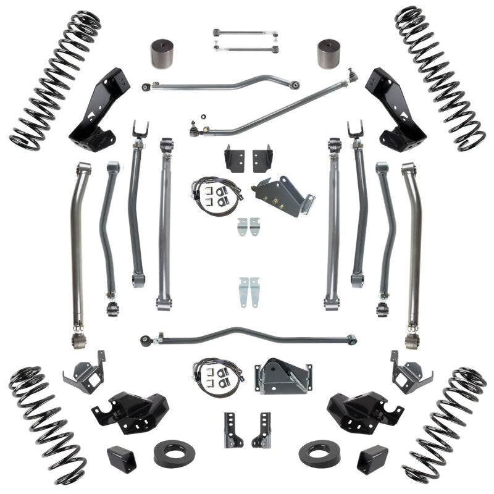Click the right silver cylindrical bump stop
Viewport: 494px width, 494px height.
tap(331, 56)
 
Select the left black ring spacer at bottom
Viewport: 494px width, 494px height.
tap(174, 453)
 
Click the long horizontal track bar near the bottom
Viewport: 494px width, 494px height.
tap(247, 338)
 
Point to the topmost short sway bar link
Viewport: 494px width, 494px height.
tap(245, 32)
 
